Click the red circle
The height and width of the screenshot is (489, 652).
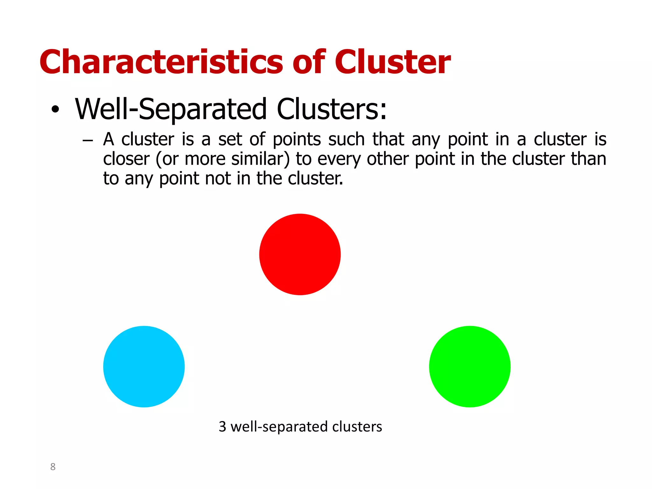(300, 254)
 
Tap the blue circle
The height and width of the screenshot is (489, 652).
(144, 366)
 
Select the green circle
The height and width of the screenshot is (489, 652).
(470, 366)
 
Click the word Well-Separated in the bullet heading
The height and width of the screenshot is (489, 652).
(171, 109)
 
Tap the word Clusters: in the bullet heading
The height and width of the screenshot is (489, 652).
(331, 109)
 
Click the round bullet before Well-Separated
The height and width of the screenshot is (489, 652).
(55, 110)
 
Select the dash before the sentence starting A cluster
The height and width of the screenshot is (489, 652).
(88, 140)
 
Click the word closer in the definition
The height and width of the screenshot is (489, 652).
(126, 159)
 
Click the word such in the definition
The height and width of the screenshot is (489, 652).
(346, 140)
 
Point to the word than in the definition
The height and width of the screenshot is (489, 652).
(588, 159)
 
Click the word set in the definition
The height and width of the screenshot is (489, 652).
(230, 140)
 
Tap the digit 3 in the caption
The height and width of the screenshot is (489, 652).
(222, 427)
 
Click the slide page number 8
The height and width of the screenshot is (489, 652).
(53, 467)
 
